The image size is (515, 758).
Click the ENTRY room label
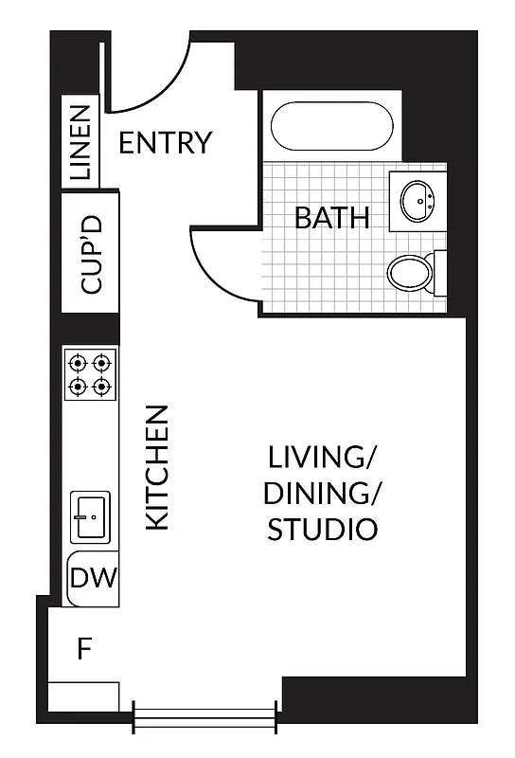165,143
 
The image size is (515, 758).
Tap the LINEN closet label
81,142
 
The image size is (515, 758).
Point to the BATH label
331,218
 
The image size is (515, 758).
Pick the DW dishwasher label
93,577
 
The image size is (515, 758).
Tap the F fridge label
84,650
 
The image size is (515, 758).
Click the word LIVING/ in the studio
322,459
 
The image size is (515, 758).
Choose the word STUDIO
322,530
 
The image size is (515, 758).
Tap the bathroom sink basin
417,200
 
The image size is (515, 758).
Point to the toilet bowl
410,273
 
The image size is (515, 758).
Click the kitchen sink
91,516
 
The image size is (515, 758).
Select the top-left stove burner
79,362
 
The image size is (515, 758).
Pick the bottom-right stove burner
103,387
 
